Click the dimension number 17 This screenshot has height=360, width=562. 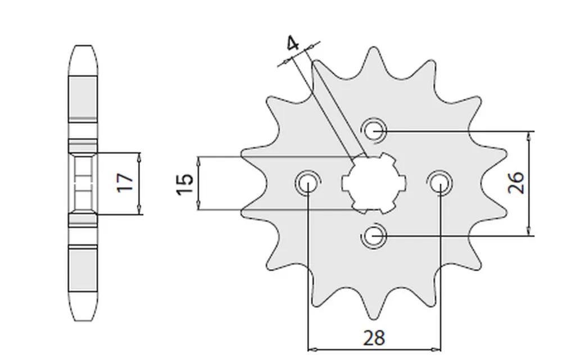click(125, 183)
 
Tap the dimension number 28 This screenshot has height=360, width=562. click(374, 338)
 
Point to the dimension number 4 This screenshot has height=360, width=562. click(292, 44)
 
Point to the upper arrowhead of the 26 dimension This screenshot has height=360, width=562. click(529, 135)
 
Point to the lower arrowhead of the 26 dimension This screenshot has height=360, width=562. click(529, 232)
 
